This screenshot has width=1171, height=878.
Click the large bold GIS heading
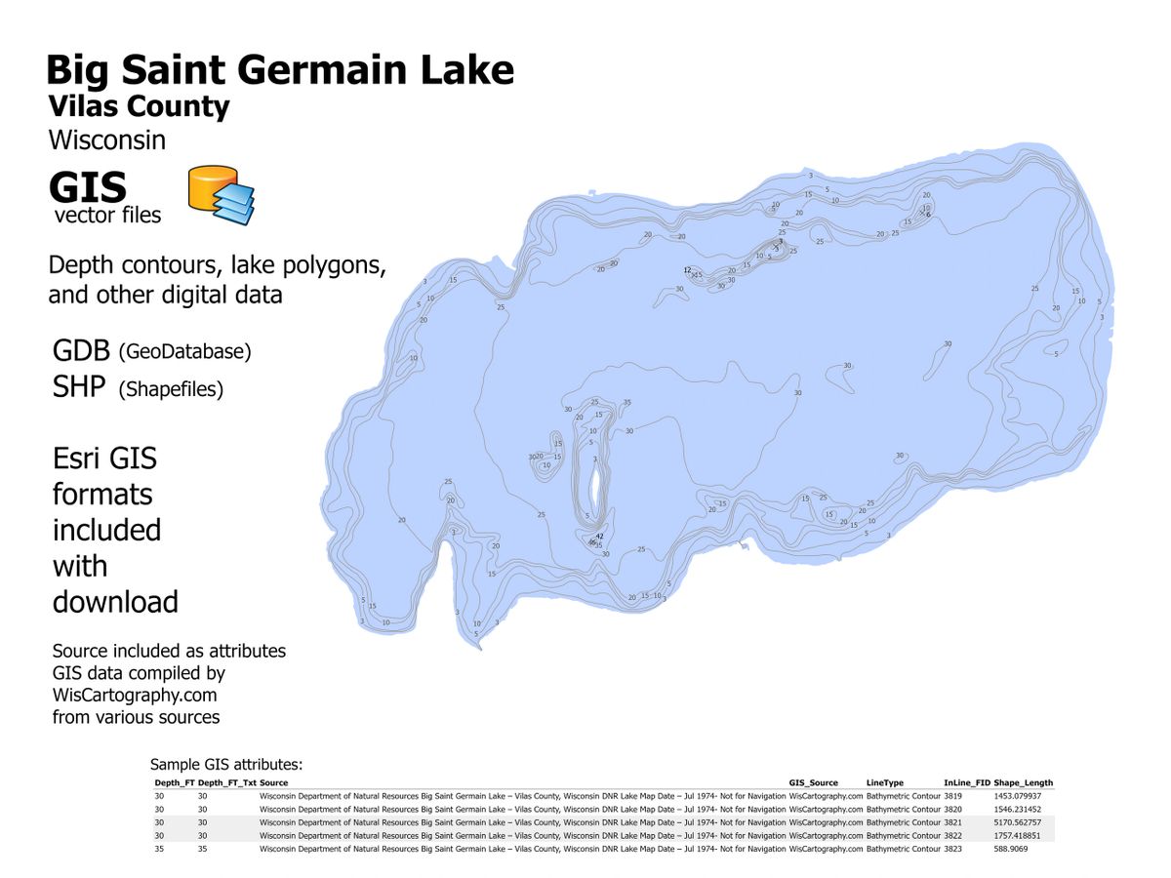pos(88,185)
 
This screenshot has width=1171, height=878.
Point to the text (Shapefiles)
pos(171,389)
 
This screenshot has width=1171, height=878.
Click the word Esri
pos(78,459)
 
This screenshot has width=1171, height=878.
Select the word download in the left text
pos(115,602)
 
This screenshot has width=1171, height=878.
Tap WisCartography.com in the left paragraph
pos(135,696)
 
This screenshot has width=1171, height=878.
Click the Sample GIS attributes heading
pos(226,765)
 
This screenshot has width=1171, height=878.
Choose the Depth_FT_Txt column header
pos(226,782)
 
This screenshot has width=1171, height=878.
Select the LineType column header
pos(885,782)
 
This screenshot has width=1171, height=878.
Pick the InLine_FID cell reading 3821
pos(953,822)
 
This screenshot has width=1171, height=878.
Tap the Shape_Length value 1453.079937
pos(1017,796)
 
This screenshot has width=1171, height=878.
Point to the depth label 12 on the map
pos(687,270)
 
